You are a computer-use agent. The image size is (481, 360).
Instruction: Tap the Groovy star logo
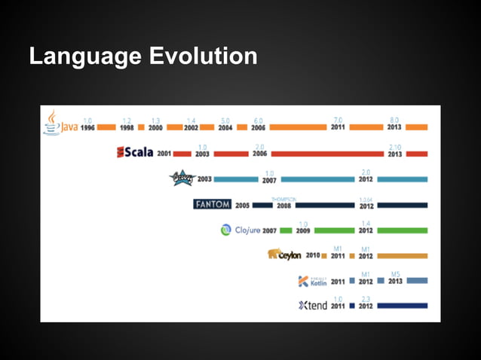181,178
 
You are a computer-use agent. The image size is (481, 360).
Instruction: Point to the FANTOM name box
212,204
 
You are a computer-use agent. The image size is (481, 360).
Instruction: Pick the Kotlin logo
312,281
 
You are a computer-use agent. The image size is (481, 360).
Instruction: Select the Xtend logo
312,306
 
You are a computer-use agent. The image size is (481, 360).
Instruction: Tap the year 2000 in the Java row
155,127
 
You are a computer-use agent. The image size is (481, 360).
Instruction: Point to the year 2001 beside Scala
164,153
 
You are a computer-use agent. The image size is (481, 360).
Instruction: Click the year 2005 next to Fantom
242,205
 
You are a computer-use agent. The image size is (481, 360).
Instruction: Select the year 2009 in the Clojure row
303,230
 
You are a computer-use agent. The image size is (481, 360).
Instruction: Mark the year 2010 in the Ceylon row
313,256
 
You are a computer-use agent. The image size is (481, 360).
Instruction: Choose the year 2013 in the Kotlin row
394,281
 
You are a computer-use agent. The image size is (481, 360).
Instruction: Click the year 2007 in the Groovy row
268,179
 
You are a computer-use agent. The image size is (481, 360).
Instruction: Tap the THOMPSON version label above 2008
283,199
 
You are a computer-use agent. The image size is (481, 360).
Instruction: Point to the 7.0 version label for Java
339,120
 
